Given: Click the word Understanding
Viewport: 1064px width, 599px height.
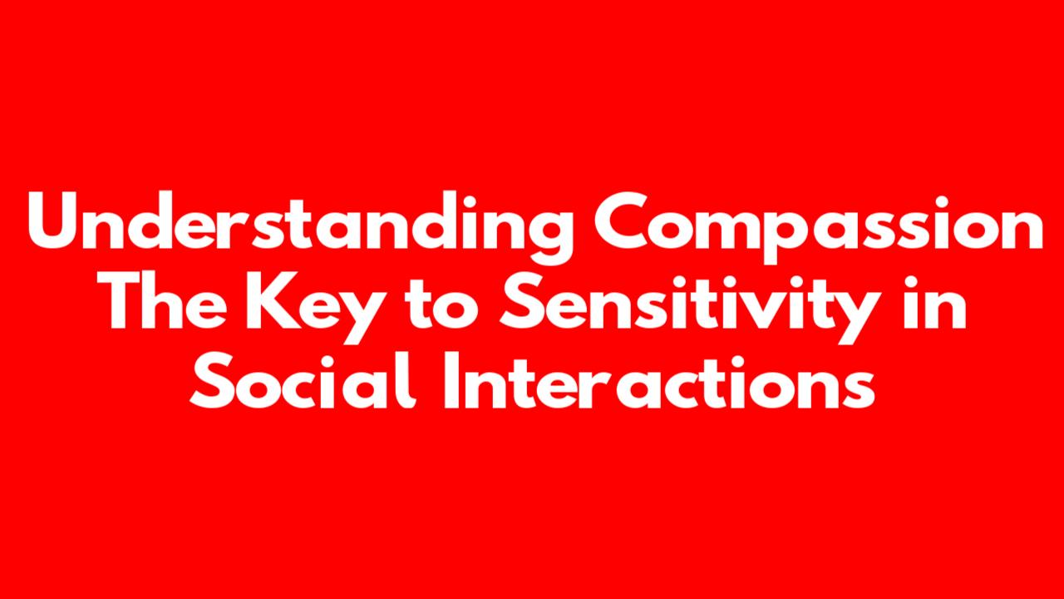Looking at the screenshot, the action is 299,227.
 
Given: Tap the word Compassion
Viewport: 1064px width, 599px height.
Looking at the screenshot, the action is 818,227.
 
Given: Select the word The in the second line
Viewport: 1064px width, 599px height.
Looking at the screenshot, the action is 161,301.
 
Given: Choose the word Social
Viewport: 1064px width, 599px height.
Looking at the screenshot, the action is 303,380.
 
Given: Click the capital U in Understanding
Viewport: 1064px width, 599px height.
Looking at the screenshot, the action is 52,220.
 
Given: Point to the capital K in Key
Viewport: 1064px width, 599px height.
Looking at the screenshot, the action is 272,301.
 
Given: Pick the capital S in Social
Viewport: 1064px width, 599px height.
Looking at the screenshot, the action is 212,380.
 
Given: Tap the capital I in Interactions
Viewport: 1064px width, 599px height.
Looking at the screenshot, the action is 451,380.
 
